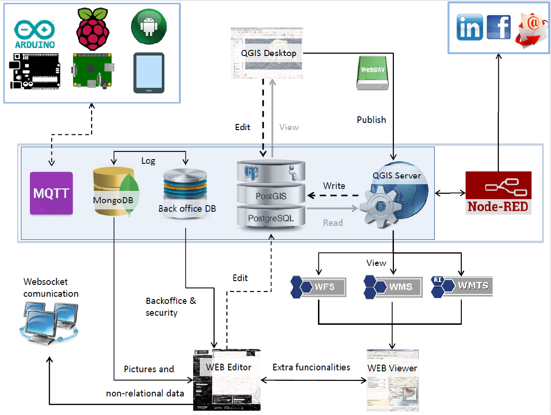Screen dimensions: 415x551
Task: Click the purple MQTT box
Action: pos(51,194)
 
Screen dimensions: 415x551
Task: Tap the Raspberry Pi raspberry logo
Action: pos(93,28)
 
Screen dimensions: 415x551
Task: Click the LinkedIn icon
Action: pos(469,27)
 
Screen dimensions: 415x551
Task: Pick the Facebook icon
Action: pos(498,27)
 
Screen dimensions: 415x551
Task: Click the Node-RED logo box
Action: pos(498,193)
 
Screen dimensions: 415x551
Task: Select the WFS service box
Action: pos(319,286)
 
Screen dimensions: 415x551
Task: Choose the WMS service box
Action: pos(393,286)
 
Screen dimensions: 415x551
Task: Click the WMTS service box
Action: pos(462,286)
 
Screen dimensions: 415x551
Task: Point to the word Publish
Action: pos(371,120)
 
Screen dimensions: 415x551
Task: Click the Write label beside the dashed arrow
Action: pos(334,186)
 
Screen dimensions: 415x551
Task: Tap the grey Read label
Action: pos(333,223)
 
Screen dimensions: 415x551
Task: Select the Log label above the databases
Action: pos(148,161)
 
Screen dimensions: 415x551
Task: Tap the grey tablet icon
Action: pos(149,73)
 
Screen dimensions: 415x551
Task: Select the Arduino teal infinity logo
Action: pos(35,29)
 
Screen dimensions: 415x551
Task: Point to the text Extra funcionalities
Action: pos(311,367)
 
